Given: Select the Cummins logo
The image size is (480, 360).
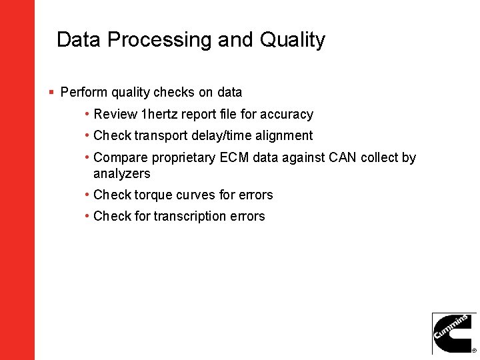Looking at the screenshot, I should [454, 333].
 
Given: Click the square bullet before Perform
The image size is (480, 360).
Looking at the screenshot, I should [51, 92].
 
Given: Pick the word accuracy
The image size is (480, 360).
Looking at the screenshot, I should [286, 115].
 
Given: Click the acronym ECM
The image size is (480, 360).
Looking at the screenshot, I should [233, 158].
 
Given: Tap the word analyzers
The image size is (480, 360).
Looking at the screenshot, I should [122, 174].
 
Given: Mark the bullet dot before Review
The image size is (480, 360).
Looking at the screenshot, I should [88, 115].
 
